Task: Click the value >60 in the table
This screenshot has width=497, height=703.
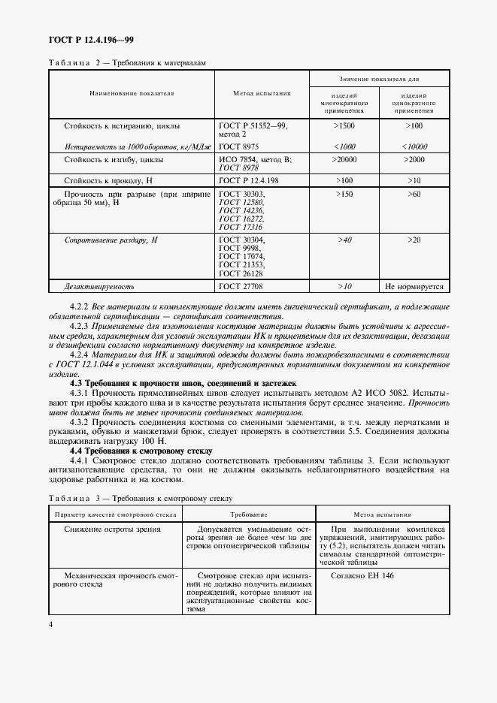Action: pyautogui.click(x=414, y=195)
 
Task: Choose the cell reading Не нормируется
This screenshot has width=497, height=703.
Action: pyautogui.click(x=414, y=286)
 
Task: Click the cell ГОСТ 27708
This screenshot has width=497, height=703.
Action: pyautogui.click(x=238, y=286)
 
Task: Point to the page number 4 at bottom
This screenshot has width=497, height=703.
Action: pyautogui.click(x=50, y=625)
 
